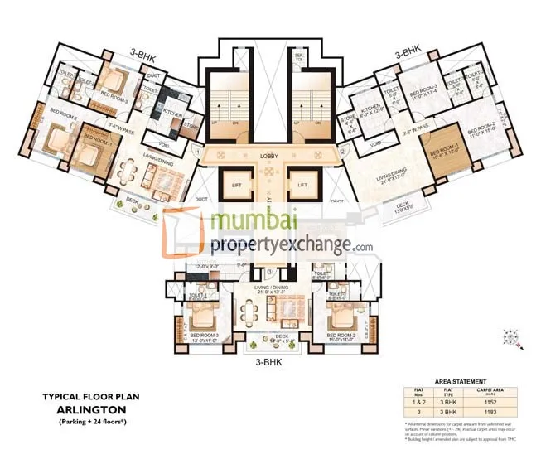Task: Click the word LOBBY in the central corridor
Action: click(268, 155)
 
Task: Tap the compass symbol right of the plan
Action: click(511, 336)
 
